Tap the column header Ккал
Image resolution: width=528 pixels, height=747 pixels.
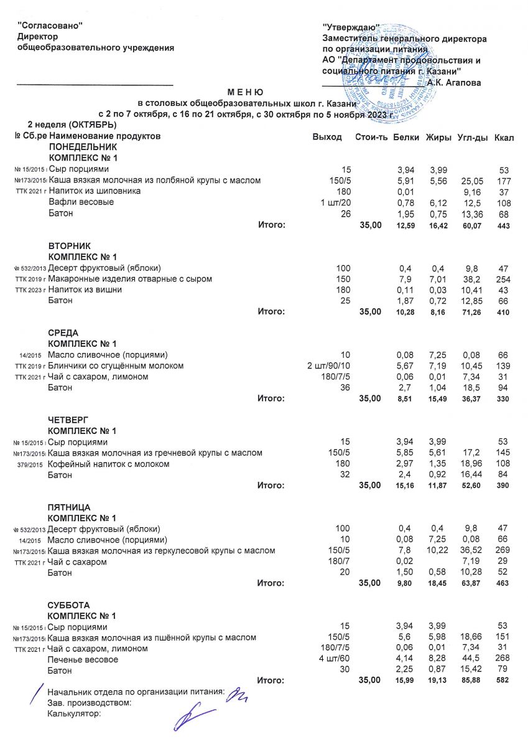point(504,137)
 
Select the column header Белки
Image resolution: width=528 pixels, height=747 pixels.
point(406,137)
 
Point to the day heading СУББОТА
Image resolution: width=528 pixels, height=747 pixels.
point(69,605)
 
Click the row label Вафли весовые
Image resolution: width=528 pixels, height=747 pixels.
point(81,202)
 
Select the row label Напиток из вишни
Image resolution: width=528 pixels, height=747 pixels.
point(85,289)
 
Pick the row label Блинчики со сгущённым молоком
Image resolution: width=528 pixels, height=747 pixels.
point(116,365)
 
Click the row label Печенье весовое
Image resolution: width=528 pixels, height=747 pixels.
point(83,659)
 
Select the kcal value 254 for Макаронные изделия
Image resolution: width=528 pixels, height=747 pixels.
point(503,279)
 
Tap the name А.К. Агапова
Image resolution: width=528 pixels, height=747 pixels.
point(454,83)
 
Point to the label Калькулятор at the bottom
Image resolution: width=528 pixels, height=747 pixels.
point(74,714)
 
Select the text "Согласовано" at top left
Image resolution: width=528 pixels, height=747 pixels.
point(50,25)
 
